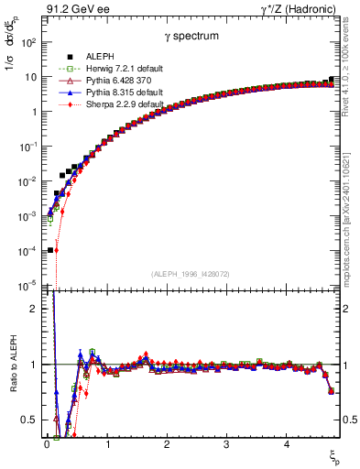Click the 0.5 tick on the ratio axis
(29, 420)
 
